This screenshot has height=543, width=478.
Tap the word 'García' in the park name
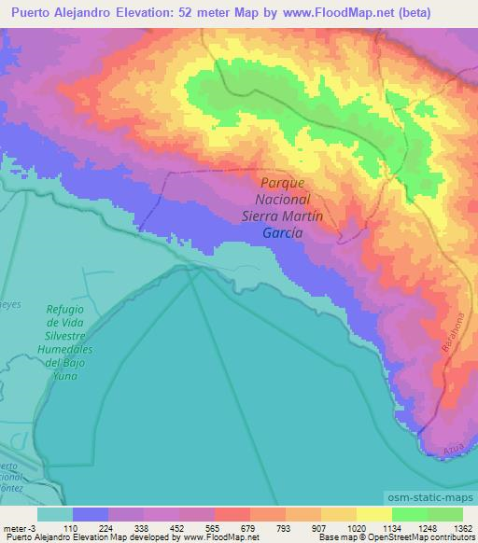coord(281,233)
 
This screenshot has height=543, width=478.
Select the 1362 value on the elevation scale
coord(460,527)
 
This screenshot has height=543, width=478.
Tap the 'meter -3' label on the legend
coord(19,527)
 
